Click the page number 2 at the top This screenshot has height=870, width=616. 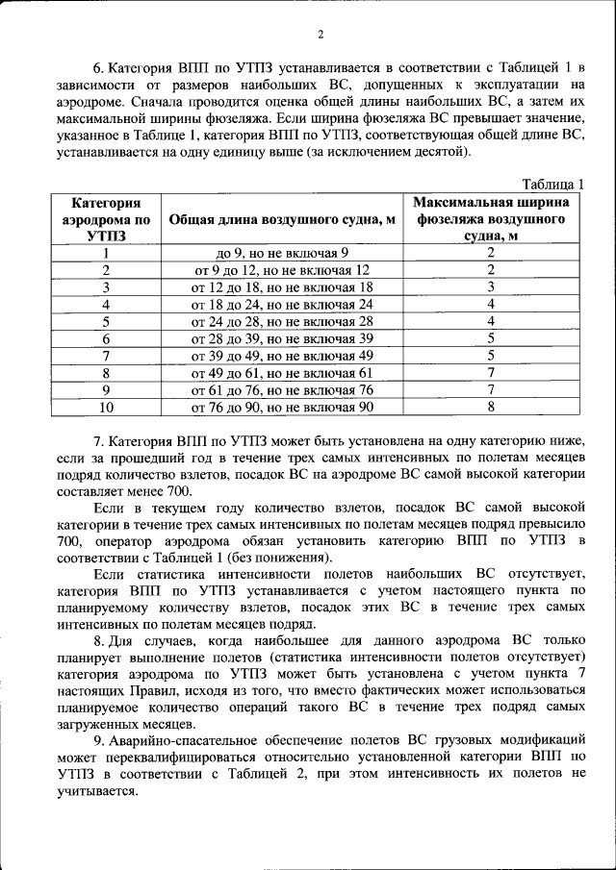point(321,36)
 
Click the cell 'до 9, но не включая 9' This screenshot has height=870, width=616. point(282,253)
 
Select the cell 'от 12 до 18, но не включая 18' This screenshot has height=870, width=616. point(282,286)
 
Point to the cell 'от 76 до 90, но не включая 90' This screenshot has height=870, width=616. point(282,407)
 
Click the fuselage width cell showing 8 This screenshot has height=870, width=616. point(491,407)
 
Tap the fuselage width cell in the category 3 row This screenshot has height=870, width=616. point(491,286)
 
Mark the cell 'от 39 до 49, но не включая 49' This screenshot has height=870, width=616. point(282,356)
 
